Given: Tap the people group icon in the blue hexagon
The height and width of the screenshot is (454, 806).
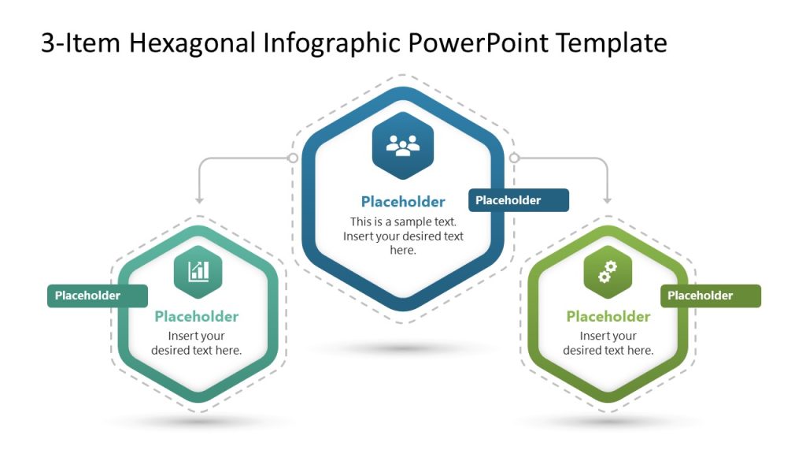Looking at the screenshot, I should [x=403, y=146].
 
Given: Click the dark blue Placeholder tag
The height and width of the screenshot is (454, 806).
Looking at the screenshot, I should [x=518, y=200].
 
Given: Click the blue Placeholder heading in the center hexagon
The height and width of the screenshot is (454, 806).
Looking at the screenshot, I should [x=403, y=202].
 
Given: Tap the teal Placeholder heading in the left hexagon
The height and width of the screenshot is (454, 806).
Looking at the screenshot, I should [x=197, y=317].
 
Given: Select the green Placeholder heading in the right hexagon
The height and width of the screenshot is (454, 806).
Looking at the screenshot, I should [x=608, y=317].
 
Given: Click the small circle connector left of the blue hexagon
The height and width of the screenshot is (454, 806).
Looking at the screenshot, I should [x=293, y=158].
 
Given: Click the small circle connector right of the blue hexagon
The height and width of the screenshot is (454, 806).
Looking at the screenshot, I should [x=514, y=158].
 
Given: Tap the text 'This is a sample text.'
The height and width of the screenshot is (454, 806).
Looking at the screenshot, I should [x=403, y=221].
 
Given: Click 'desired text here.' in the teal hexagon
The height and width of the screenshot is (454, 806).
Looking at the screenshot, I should [x=197, y=351].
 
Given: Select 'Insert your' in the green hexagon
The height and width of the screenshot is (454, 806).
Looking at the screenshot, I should [x=608, y=337].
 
